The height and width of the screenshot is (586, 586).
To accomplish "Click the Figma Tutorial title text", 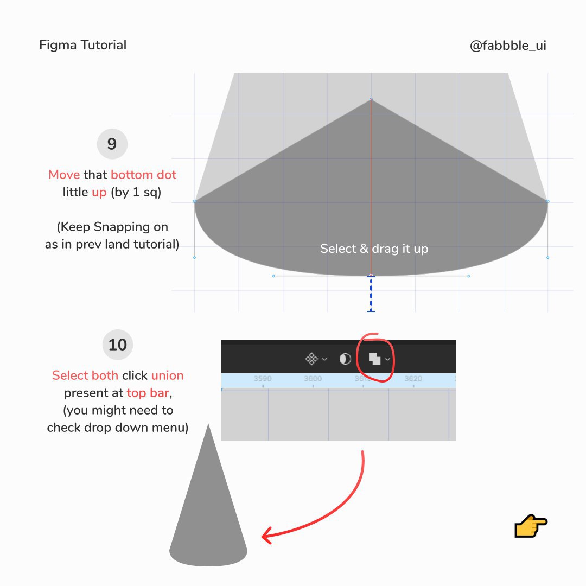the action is pyautogui.click(x=82, y=45).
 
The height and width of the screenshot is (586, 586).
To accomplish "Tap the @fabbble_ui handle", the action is pyautogui.click(x=508, y=46).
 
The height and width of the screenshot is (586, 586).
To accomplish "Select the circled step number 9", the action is pyautogui.click(x=112, y=144).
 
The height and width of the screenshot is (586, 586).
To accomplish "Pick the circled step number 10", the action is pyautogui.click(x=118, y=345).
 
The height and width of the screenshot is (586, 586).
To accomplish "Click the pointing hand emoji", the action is pyautogui.click(x=531, y=526).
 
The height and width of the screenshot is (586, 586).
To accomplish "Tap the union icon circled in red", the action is pyautogui.click(x=374, y=359).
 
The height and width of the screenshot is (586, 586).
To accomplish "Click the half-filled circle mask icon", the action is pyautogui.click(x=345, y=359).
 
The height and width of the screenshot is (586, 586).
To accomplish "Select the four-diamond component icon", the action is pyautogui.click(x=311, y=359).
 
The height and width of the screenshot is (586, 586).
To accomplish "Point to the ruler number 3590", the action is pyautogui.click(x=263, y=379).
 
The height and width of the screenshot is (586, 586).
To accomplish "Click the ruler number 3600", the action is pyautogui.click(x=313, y=379).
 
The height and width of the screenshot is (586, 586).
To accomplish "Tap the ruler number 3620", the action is pyautogui.click(x=413, y=379).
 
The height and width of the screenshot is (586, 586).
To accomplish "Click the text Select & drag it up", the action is pyautogui.click(x=374, y=249).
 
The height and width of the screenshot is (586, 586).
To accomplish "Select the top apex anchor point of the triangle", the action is pyautogui.click(x=371, y=99).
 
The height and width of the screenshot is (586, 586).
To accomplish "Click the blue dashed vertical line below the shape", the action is pyautogui.click(x=371, y=294).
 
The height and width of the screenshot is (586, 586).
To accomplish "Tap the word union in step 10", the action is pyautogui.click(x=168, y=375).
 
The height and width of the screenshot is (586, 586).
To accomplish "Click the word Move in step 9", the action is pyautogui.click(x=64, y=175).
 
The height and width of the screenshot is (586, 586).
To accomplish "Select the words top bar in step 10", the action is pyautogui.click(x=148, y=393).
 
